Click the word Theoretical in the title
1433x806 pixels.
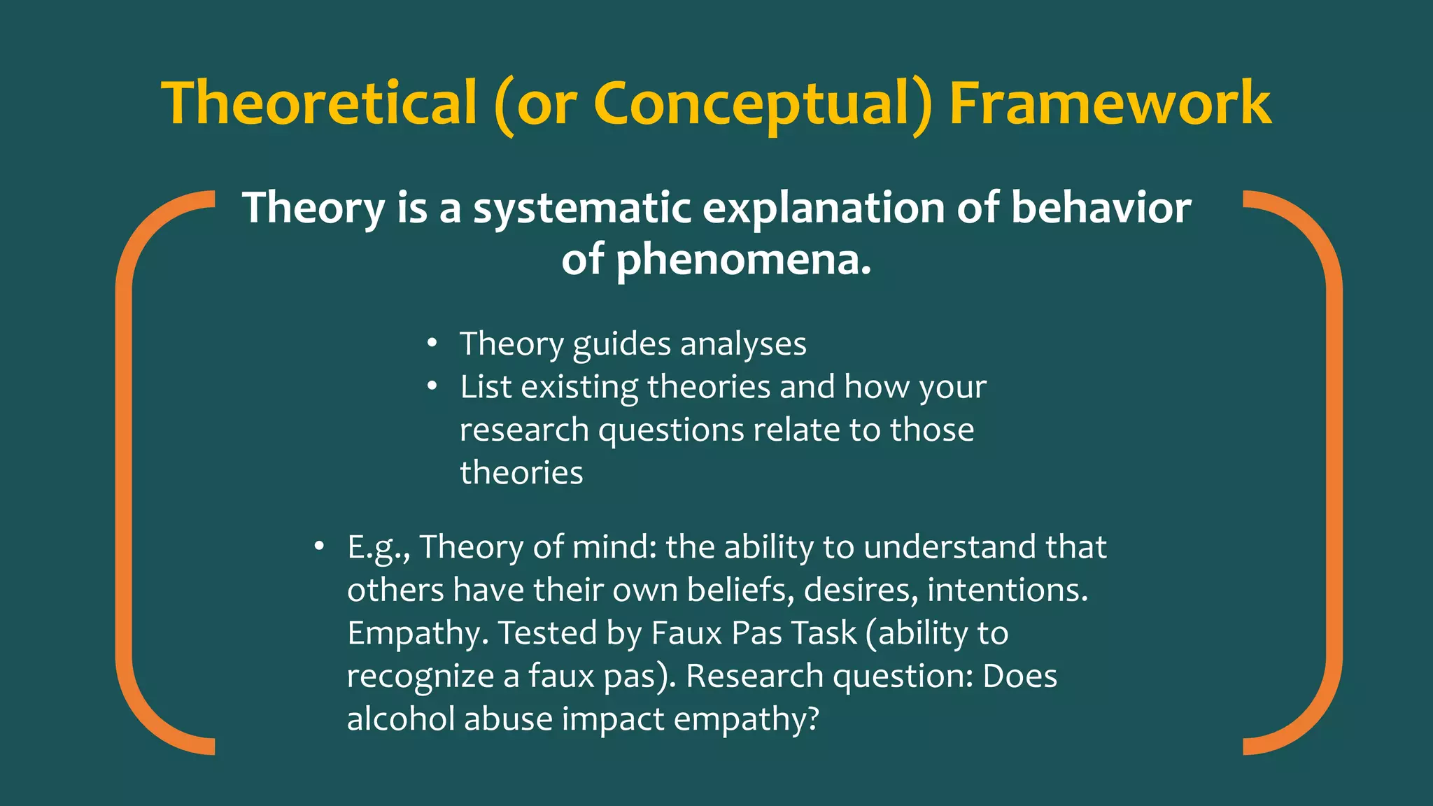tap(319, 104)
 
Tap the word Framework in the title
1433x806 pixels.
tap(1110, 104)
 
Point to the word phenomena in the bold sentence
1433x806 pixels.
tap(743, 260)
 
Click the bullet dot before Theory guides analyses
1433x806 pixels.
tap(432, 344)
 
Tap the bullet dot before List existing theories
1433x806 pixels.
tap(432, 386)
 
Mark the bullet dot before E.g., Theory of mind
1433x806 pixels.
tap(319, 546)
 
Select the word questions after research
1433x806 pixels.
tap(670, 430)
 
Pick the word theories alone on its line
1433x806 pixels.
tap(521, 472)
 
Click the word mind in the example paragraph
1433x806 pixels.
tap(614, 547)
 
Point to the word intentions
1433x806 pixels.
tap(1007, 590)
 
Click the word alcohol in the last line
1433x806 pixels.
tap(400, 719)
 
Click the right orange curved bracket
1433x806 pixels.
tap(1332, 472)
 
